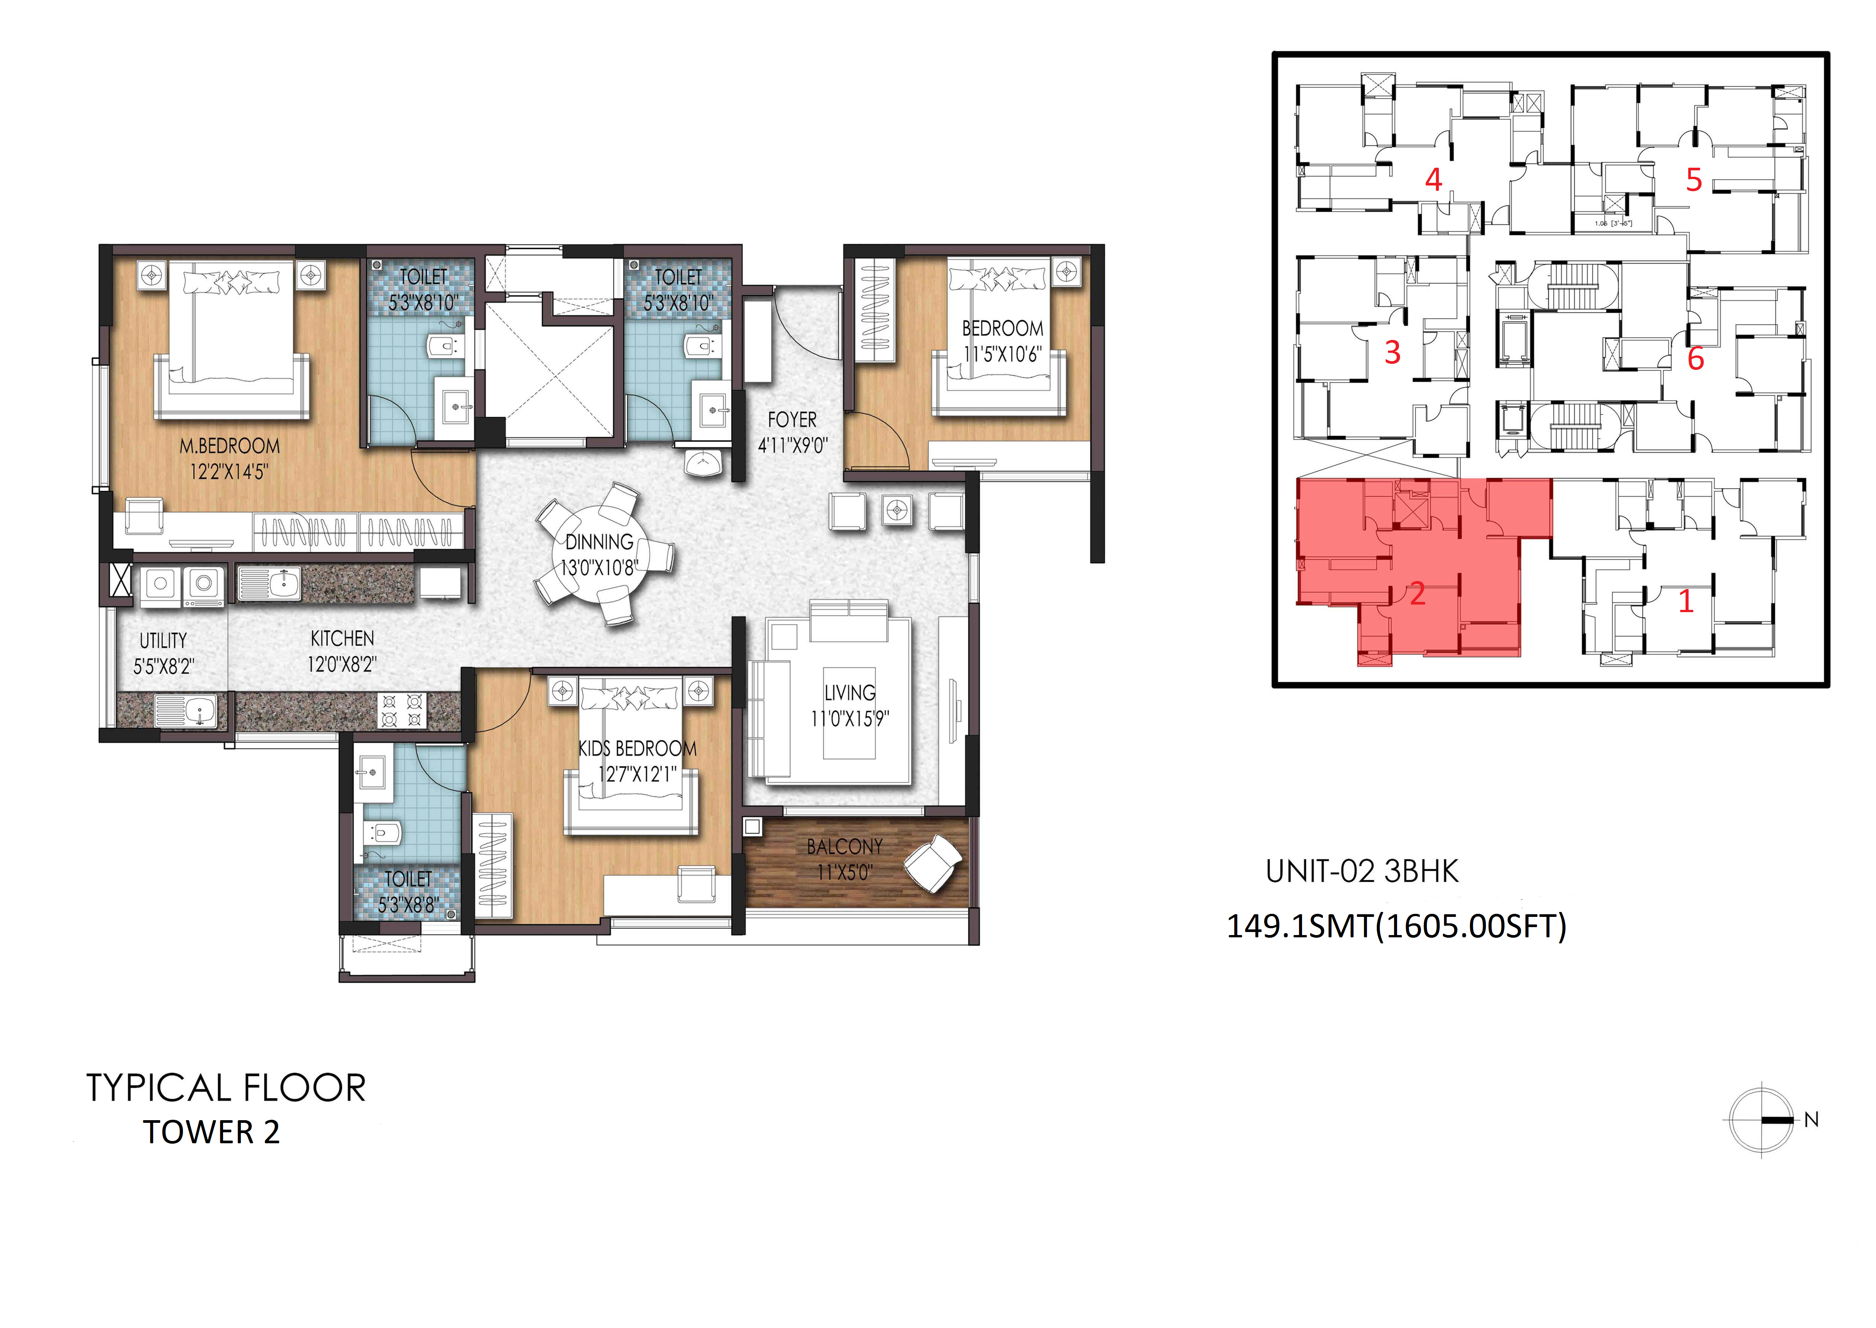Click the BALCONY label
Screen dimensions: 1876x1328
click(x=845, y=846)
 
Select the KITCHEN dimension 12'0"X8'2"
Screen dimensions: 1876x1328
click(x=342, y=664)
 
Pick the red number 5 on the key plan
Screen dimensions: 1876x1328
click(x=1694, y=180)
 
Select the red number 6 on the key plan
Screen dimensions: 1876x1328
click(x=1695, y=358)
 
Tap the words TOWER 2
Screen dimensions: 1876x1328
click(x=212, y=1133)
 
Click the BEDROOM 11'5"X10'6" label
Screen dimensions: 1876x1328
click(x=1003, y=341)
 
